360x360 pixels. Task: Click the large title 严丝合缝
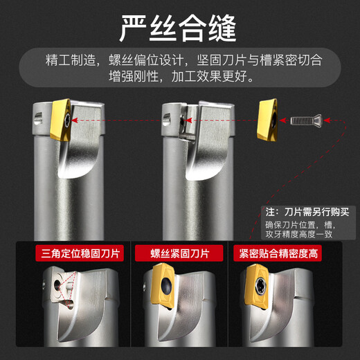[178, 28]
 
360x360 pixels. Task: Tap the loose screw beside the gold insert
[305, 120]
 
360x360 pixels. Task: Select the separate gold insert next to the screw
[267, 120]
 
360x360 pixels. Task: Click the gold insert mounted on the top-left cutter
[61, 120]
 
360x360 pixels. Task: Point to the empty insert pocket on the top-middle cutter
[188, 122]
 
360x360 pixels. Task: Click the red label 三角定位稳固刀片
[80, 253]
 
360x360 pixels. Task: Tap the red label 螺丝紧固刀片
[179, 253]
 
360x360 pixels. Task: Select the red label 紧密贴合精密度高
[278, 253]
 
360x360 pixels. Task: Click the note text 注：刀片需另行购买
[307, 212]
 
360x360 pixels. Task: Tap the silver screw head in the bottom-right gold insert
[261, 286]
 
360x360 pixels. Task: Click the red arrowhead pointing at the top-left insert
[74, 120]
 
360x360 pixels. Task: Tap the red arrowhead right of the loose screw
[327, 120]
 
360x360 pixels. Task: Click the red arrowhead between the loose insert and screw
[283, 120]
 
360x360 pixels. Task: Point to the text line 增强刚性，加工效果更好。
[181, 76]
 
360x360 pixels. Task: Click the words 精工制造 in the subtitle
[71, 60]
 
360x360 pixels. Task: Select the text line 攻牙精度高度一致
[299, 234]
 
